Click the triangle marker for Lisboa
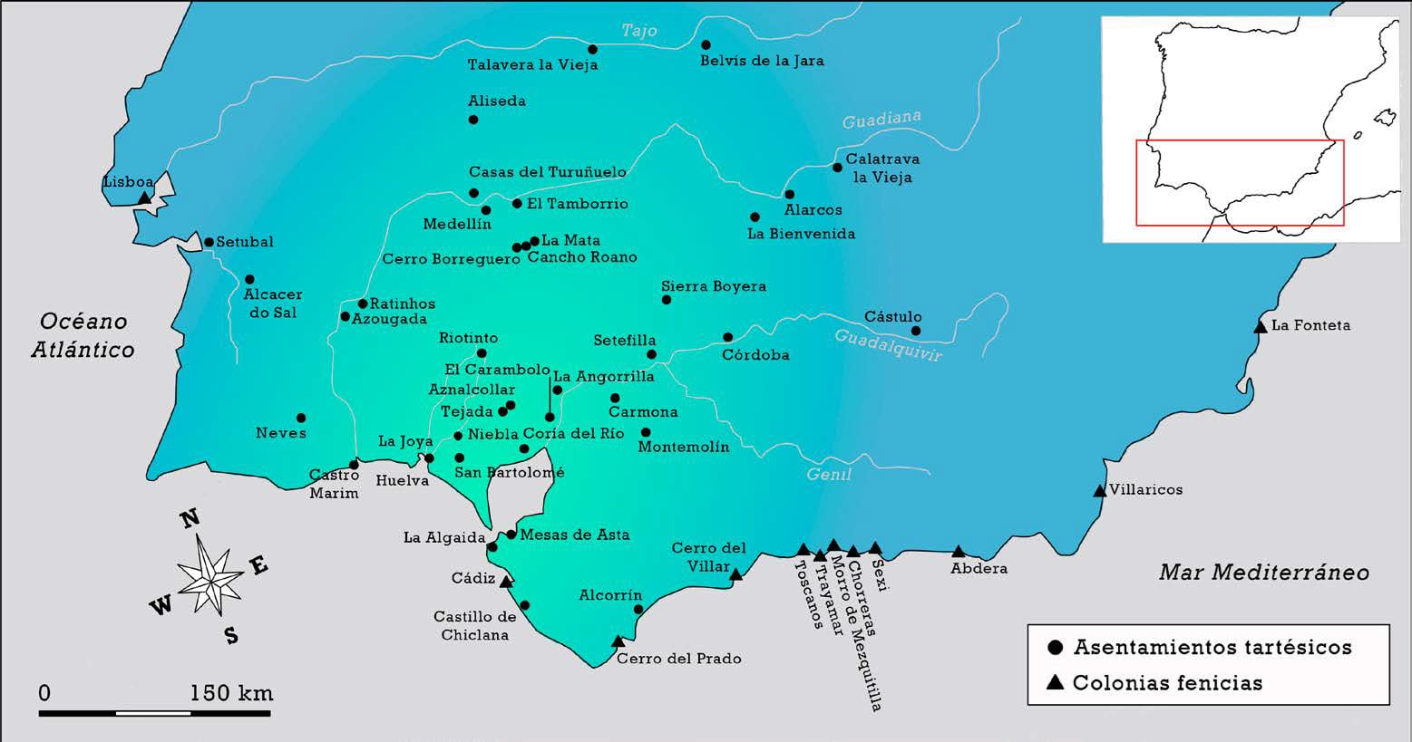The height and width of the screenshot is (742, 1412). tap(144, 198)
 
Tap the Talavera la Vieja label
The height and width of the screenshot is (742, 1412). tap(532, 65)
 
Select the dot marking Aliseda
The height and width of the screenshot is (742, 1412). tap(473, 120)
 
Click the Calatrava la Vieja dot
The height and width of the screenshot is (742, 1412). tap(838, 167)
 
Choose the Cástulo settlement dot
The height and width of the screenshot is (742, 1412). tap(916, 331)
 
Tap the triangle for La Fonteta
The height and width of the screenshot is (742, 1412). tap(1260, 326)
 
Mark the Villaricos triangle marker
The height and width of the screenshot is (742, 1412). tap(1100, 491)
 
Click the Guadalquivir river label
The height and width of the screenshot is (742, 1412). tap(888, 345)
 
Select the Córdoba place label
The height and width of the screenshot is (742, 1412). tap(755, 355)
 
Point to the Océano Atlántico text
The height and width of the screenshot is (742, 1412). tap(83, 335)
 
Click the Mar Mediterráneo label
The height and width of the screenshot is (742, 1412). tap(1263, 573)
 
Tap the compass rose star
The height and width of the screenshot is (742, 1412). tap(209, 575)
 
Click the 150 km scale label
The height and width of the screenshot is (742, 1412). tap(231, 694)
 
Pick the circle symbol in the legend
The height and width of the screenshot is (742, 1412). tap(1055, 648)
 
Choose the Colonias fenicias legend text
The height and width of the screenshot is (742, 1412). tap(1167, 683)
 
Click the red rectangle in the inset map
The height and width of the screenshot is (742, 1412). tap(1240, 182)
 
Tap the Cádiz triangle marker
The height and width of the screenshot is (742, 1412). tap(507, 582)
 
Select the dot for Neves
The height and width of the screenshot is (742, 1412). tap(301, 419)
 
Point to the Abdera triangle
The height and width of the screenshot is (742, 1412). tap(959, 552)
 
